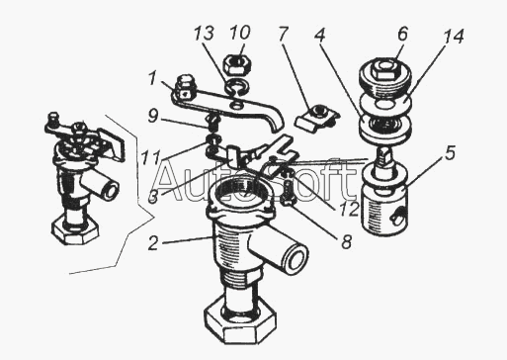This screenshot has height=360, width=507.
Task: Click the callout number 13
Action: pyautogui.click(x=204, y=35)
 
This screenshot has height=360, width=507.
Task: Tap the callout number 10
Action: pyautogui.click(x=240, y=33)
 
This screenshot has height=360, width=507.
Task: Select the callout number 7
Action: pyautogui.click(x=284, y=34)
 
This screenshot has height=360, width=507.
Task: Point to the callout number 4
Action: pyautogui.click(x=320, y=35)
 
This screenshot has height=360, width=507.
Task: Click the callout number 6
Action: pyautogui.click(x=402, y=34)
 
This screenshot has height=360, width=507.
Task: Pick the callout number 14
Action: pyautogui.click(x=454, y=37)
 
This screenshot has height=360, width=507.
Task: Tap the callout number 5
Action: pyautogui.click(x=450, y=153)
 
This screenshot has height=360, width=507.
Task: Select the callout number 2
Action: pyautogui.click(x=152, y=243)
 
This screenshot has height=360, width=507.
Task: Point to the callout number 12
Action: pyautogui.click(x=349, y=209)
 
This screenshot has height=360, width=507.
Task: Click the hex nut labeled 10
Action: pyautogui.click(x=236, y=64)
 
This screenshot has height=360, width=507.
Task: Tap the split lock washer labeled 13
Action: pyautogui.click(x=237, y=87)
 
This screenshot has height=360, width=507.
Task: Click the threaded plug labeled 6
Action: pyautogui.click(x=384, y=77)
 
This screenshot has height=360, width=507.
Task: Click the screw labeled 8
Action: pyautogui.click(x=288, y=190)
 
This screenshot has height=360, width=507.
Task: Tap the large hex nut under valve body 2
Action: pyautogui.click(x=239, y=319)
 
